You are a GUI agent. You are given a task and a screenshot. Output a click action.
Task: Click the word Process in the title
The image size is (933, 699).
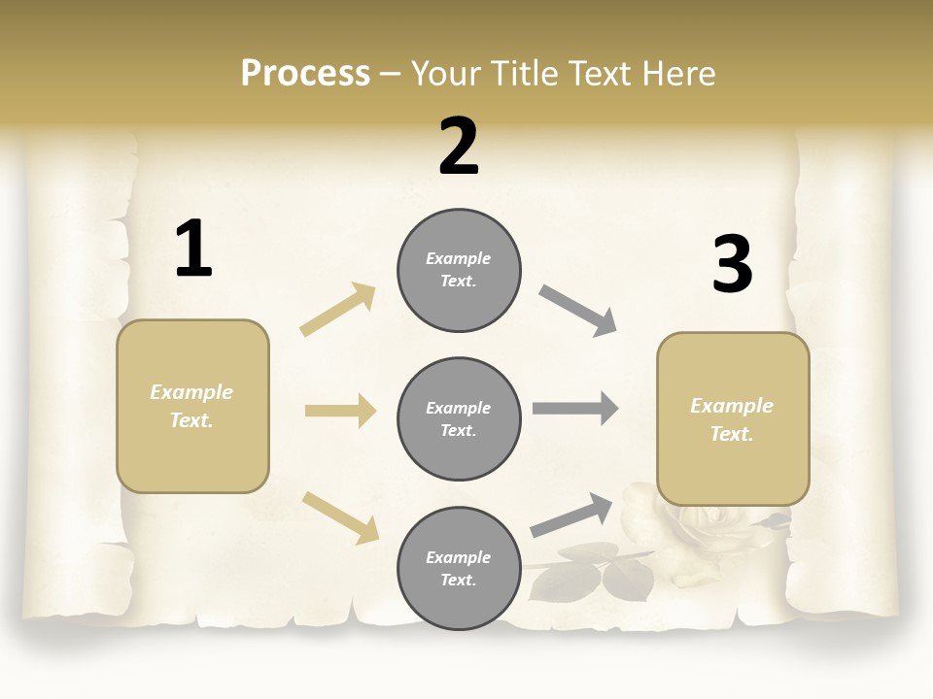tap(305, 74)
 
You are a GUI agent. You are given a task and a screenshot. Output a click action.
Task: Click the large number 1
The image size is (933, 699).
tap(193, 250)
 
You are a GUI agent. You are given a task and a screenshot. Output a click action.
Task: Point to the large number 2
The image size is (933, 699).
tap(459, 147)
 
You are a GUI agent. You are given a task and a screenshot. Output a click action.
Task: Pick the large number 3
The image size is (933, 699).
tap(732, 264)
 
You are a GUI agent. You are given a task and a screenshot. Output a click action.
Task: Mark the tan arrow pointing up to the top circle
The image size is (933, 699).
tap(338, 309)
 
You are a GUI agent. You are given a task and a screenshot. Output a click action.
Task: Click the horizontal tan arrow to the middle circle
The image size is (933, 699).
tap(340, 411)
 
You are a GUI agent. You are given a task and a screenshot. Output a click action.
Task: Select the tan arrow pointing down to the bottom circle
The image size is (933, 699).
tap(340, 516)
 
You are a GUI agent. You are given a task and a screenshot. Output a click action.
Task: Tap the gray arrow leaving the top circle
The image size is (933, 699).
tap(578, 310)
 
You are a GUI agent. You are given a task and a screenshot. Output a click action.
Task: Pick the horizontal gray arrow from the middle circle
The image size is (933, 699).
tap(575, 408)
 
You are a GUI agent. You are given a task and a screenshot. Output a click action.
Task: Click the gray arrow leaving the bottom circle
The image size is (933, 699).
tap(571, 515)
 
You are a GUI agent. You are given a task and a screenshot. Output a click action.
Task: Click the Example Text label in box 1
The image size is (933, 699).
tap(191, 406)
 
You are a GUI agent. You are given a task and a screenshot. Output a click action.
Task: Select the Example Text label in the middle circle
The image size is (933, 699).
tap(459, 418)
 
